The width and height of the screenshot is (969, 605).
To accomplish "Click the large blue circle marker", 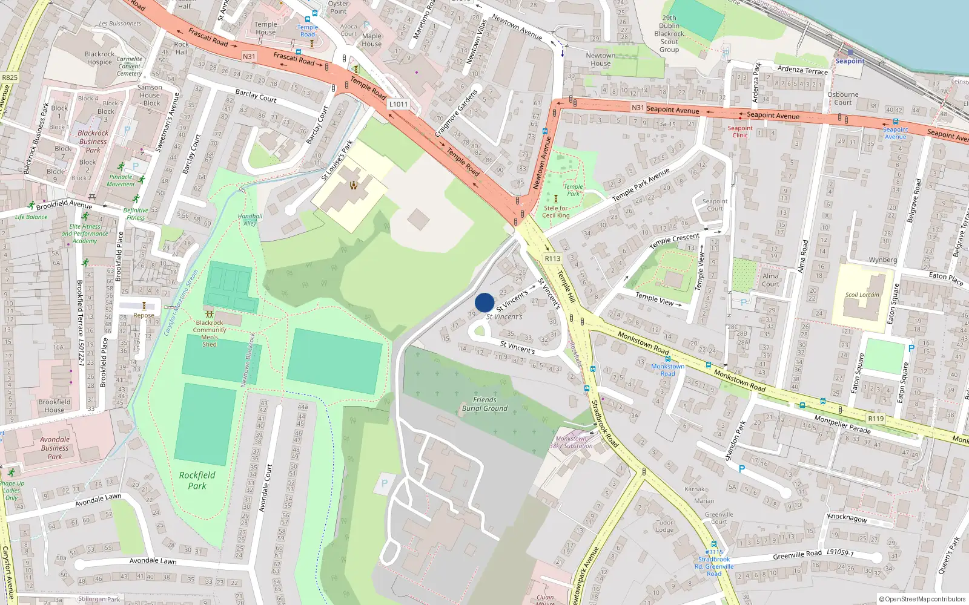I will pos(484,302).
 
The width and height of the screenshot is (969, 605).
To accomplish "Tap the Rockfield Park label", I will pos(197,480).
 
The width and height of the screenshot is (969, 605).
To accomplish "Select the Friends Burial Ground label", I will pos(484,404).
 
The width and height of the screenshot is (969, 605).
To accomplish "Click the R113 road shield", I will pos(552,258).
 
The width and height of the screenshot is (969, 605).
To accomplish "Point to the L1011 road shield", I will pos(398,104).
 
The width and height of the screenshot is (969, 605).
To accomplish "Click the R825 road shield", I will pos(10,77).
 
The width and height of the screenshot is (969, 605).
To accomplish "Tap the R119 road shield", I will pos(876,419).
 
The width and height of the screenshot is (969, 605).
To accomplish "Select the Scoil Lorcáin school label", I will pos(862,295).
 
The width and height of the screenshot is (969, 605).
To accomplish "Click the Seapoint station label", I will pos(850,61).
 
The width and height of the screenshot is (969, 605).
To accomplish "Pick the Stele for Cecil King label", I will pos(555,212).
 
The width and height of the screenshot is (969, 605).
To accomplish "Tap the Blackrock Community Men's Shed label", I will pos(210,333).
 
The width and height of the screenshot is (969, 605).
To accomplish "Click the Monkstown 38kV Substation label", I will pos(571,442).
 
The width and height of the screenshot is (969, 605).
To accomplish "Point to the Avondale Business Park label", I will pos(55,448).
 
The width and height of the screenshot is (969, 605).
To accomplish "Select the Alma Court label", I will pos(770,280).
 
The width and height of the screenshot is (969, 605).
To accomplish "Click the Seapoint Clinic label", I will pos(740,132).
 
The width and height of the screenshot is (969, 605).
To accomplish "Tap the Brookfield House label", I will pos(55,406).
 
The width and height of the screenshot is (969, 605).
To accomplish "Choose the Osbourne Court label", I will pos(843,99).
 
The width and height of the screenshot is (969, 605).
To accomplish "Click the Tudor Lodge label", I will pos(664,526).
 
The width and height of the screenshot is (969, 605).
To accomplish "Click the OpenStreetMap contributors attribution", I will pos(922,600).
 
